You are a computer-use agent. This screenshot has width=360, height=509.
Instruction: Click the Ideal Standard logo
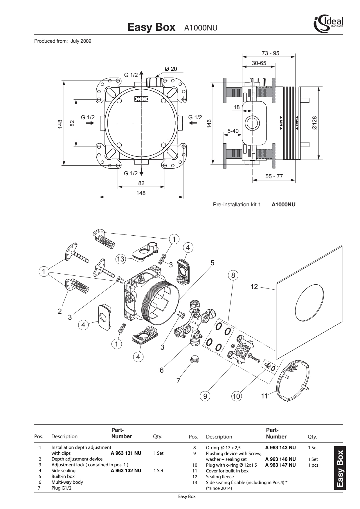pos(328,24)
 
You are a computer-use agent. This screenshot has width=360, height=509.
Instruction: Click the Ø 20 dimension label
pos(171,69)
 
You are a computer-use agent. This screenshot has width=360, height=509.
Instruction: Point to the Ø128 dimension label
pos(314,123)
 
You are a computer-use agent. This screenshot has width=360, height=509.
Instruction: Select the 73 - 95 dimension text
pos(270,53)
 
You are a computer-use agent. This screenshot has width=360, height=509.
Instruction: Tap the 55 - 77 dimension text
pos(274,176)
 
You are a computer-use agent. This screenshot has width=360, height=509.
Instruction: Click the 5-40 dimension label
pos(233,131)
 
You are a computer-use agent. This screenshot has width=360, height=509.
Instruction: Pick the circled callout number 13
pos(120,259)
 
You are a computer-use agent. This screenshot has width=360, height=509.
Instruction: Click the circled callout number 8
pos(233,275)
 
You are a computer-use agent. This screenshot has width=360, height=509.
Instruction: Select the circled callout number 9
pos(205,396)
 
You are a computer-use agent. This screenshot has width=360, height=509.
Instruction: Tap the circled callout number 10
pos(236,396)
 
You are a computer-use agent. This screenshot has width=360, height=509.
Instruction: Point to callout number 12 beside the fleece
pos(254,287)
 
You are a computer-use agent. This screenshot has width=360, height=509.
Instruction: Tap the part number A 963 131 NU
pos(126,453)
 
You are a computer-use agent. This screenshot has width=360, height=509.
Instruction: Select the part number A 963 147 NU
pos(280,465)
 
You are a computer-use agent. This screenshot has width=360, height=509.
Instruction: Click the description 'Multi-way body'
pos(67,482)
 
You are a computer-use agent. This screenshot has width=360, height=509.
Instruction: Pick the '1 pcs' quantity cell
pos(313,465)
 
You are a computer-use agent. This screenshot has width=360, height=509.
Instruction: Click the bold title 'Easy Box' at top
pos(151,27)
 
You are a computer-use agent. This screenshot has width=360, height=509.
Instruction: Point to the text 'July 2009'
pos(81,41)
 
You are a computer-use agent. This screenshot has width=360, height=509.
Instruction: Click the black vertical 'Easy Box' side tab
pos(340,468)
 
